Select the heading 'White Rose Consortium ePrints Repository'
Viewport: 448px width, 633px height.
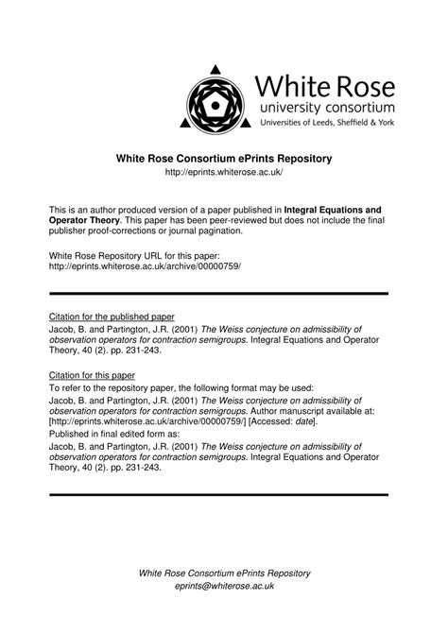click(224, 158)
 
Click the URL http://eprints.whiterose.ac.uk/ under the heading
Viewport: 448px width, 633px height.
click(224, 174)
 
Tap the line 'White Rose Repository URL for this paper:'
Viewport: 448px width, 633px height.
click(133, 256)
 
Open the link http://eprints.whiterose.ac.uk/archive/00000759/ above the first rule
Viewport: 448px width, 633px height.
click(145, 267)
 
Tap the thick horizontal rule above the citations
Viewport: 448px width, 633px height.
click(218, 294)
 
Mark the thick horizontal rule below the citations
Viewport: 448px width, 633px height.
click(218, 494)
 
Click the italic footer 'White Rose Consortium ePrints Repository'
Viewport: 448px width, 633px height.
click(224, 573)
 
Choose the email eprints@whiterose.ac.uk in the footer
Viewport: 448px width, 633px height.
click(224, 586)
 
